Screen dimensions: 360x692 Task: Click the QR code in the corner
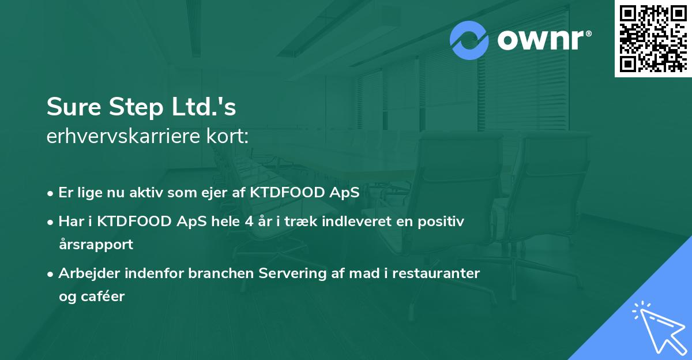point(653,39)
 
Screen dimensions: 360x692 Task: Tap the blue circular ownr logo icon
point(469,40)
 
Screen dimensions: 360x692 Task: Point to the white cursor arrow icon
point(657,327)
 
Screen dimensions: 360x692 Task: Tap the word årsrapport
point(96,244)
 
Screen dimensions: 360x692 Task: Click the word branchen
point(221,273)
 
